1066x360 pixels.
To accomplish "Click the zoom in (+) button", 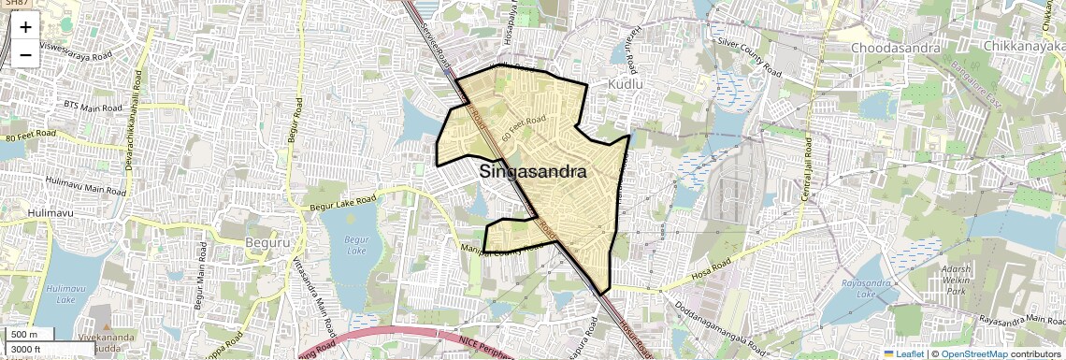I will tap(25, 27).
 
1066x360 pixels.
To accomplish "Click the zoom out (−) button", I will tap(25, 54).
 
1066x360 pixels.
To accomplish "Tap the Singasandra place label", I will tap(533, 172).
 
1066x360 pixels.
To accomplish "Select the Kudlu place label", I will tap(627, 84).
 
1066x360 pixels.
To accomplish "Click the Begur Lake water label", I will tap(355, 245).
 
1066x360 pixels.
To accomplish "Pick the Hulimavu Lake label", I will tap(65, 295).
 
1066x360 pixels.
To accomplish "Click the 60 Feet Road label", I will tap(524, 128).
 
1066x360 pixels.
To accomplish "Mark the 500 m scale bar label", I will tap(25, 335).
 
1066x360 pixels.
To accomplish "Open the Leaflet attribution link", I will tap(903, 353).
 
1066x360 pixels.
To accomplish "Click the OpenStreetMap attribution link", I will tap(973, 353).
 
